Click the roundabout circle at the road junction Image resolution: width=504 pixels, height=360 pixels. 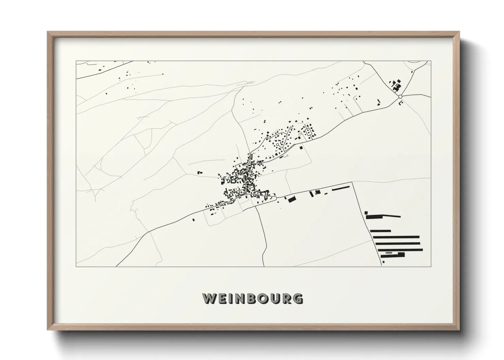[400, 97]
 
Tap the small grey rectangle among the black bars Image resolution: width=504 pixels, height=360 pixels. [388, 253]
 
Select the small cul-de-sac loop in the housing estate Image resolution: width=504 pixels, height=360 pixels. [278, 145]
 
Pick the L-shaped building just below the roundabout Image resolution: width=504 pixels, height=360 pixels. [400, 103]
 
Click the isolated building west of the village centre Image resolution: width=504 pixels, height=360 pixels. [200, 173]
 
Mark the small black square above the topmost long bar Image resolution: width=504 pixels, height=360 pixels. [366, 213]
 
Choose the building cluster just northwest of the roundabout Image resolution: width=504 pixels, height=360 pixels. [396, 85]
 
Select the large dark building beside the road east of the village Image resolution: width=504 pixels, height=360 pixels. [291, 199]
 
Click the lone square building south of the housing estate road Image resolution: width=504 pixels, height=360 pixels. [301, 148]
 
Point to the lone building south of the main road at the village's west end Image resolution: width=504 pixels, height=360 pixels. [194, 220]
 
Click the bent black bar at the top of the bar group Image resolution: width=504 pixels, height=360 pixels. [383, 216]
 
